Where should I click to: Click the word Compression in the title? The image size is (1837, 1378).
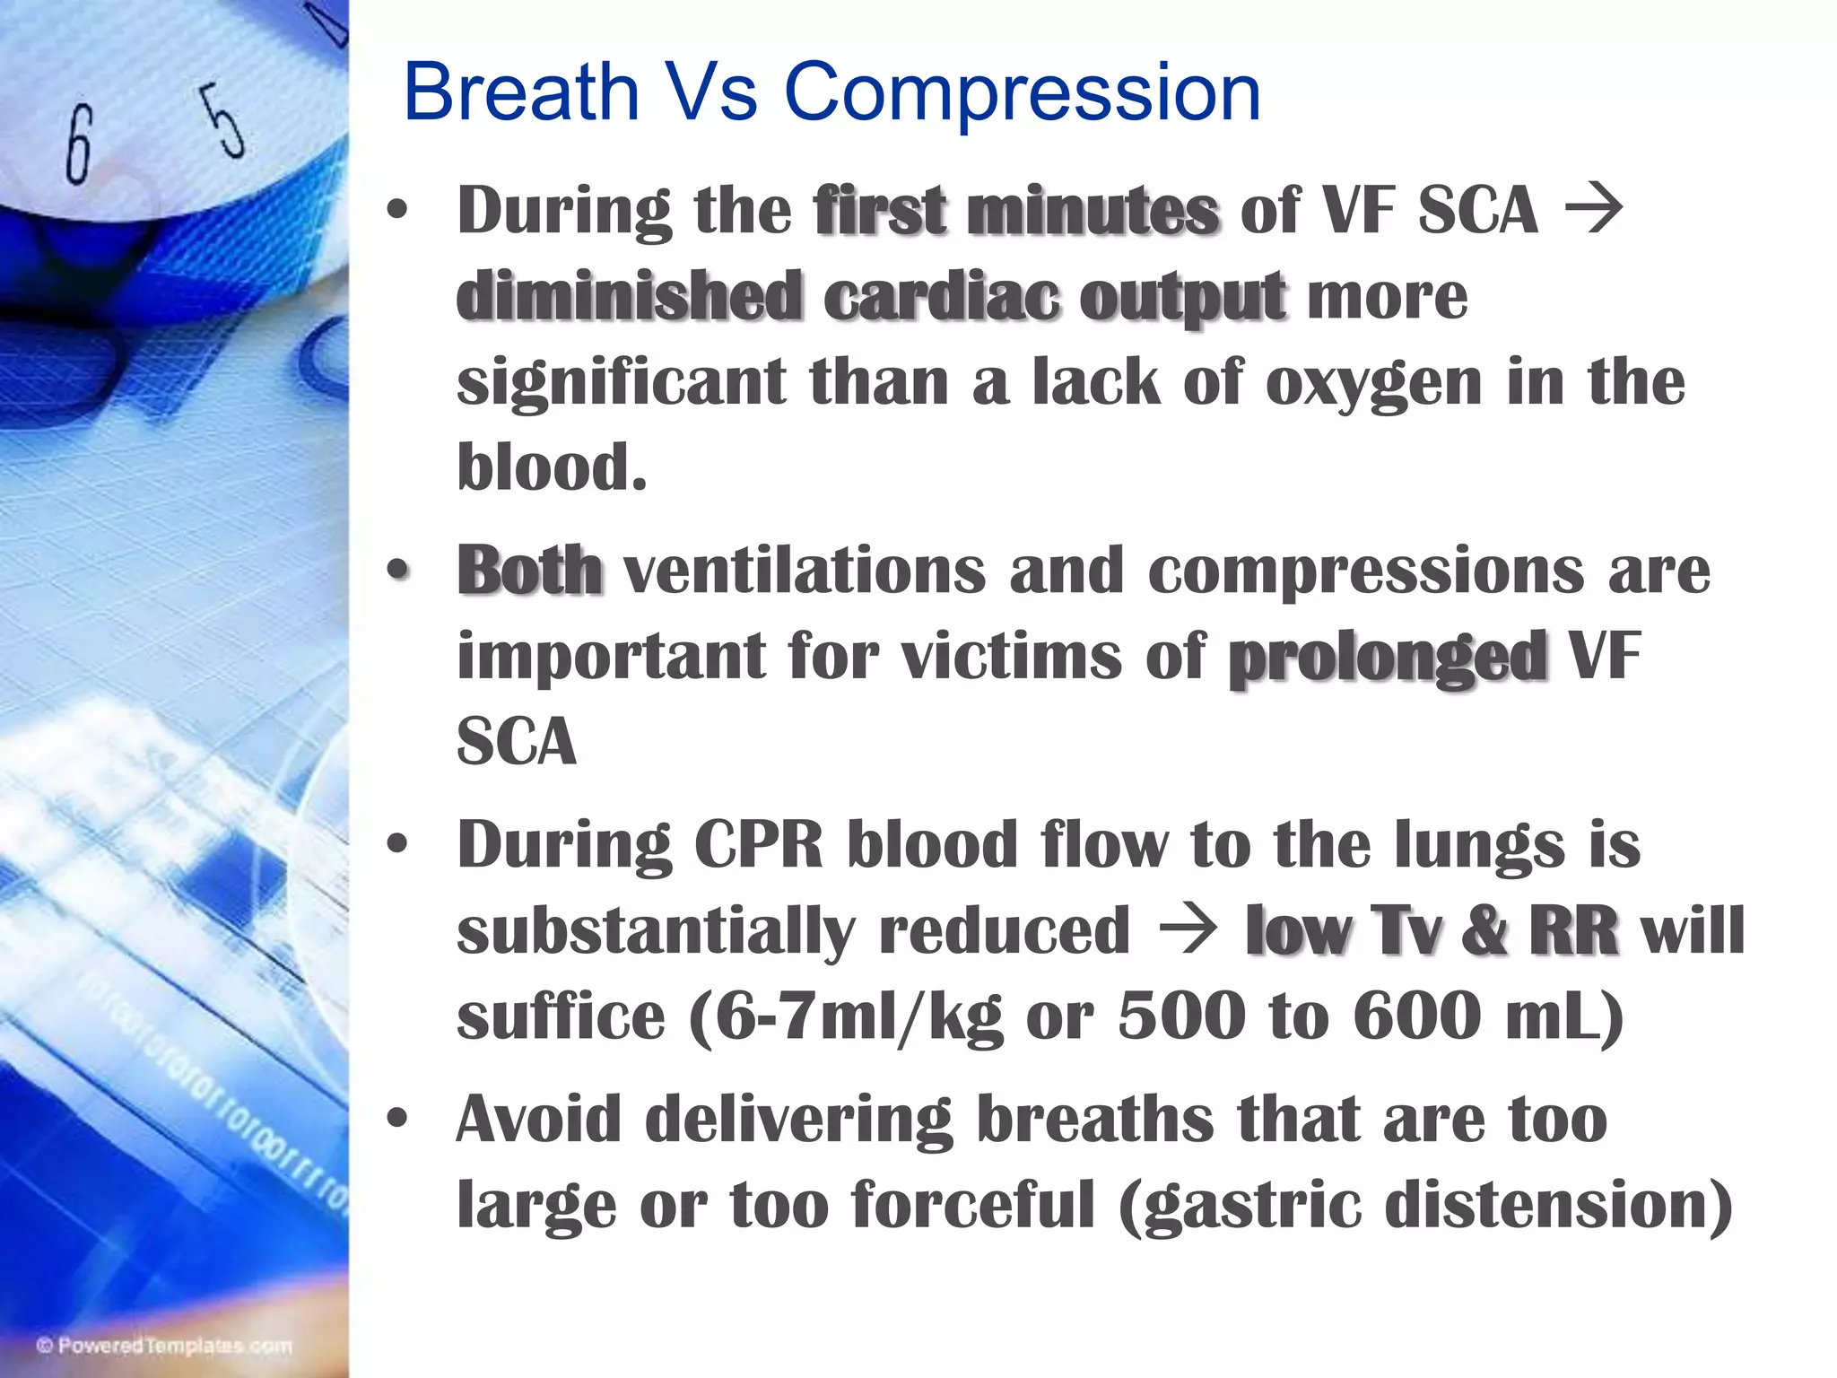click(1023, 92)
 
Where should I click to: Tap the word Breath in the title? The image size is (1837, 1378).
click(520, 92)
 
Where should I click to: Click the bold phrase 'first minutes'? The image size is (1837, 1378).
click(1016, 210)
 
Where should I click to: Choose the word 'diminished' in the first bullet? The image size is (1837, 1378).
click(629, 296)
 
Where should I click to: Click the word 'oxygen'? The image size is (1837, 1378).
click(1373, 382)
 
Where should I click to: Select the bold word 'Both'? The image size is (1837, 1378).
click(529, 570)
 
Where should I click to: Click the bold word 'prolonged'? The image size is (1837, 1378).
click(1387, 658)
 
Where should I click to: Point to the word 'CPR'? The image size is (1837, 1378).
click(759, 845)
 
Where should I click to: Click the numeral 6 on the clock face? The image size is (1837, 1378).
click(79, 144)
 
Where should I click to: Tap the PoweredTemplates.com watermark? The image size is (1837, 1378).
click(164, 1346)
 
